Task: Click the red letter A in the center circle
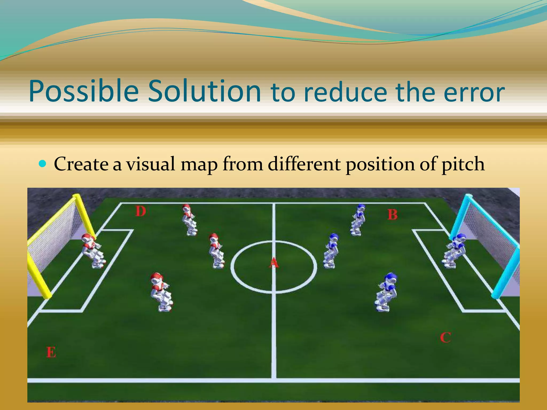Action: [273, 263]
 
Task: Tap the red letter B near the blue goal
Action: [392, 215]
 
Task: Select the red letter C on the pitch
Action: [446, 337]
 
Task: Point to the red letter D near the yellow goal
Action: [140, 211]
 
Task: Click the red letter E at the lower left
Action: [51, 352]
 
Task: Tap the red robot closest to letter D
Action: [189, 220]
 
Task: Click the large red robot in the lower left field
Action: [161, 292]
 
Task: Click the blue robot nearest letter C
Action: [386, 292]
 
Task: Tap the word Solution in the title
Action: [204, 91]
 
